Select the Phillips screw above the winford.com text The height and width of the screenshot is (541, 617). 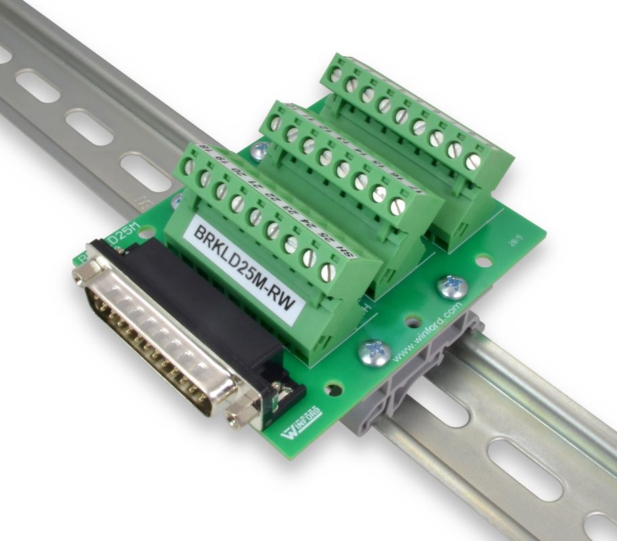(x=452, y=287)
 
